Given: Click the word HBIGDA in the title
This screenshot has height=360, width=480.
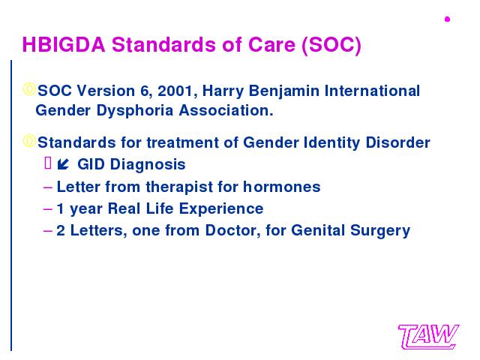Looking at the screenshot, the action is tap(64, 45).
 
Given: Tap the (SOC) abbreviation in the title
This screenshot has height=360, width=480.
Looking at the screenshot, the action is tap(331, 45).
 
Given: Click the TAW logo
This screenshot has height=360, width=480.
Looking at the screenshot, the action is tap(428, 337).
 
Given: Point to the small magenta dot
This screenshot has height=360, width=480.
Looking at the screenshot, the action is tap(447, 19).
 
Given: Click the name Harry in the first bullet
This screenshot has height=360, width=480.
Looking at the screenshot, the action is tap(223, 91).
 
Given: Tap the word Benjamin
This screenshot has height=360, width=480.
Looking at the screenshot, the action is tap(284, 91).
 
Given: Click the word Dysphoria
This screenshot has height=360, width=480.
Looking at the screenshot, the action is tap(135, 111).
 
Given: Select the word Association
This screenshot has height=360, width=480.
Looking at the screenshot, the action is tap(226, 110).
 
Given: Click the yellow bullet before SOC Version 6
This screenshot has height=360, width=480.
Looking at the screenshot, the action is tap(29, 89).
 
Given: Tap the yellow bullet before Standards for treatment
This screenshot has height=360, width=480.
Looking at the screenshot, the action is tap(29, 141).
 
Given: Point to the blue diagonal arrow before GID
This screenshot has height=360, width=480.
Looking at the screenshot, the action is tap(63, 164).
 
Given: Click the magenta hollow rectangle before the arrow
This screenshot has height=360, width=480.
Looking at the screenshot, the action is tap(48, 163).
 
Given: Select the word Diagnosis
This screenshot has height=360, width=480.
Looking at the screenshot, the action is tap(148, 165).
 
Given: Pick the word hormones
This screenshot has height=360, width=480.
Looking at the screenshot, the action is tap(282, 187).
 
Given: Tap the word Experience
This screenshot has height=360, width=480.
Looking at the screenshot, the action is tap(221, 209).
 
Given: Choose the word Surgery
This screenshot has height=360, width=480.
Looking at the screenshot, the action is tap(380, 231).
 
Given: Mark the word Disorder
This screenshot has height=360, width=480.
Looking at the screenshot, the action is tap(398, 142).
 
